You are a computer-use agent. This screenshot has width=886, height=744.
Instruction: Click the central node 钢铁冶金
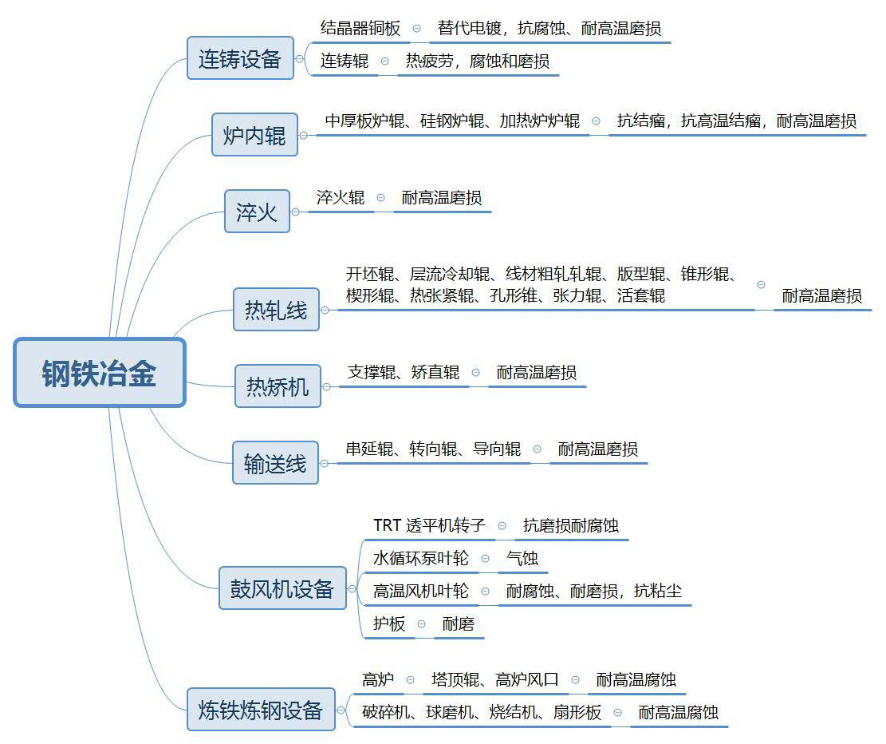pos(100,372)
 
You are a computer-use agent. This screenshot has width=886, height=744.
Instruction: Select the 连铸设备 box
pos(240,58)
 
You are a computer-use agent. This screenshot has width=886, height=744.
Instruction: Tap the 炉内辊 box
pos(254,135)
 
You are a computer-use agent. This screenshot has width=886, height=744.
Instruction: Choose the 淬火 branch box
pos(257,212)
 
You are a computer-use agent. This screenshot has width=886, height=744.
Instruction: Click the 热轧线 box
pos(276,310)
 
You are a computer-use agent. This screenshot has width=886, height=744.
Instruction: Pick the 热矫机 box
pos(278,386)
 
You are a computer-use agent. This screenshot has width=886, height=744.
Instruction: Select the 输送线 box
pos(275,463)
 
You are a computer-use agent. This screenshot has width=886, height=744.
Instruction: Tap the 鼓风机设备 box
pos(282,588)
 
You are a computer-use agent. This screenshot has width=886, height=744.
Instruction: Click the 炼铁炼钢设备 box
pos(261,710)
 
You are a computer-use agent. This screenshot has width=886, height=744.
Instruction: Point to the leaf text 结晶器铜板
pos(360,28)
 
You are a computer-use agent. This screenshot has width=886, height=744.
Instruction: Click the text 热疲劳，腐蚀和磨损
pos(478,61)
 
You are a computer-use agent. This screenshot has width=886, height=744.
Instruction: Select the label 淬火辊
pos(341,197)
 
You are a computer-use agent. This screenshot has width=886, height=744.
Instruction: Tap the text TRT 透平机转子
pos(429,525)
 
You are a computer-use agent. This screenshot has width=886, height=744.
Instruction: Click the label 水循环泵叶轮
pos(421,559)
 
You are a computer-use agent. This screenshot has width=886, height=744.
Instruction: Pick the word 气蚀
pos(522,559)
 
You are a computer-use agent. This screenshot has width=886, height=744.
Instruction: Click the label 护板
pos(389,623)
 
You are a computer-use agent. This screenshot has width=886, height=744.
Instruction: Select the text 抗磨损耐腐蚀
pos(571,525)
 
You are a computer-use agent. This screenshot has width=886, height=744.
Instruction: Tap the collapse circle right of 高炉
pos(410,679)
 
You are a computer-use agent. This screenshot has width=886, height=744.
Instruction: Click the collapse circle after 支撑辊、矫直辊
pos(476,372)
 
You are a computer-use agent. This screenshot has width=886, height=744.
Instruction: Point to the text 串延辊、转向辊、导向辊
pos(433,449)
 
